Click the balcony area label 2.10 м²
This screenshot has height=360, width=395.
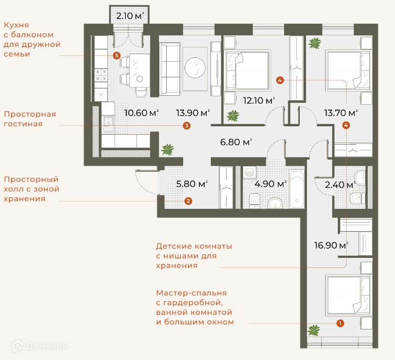point(130,16)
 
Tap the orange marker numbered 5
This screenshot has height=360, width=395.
point(116,55)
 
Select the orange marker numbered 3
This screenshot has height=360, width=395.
point(186,126)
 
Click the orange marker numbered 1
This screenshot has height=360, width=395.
point(340,323)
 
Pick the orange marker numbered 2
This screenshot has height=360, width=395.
point(188,201)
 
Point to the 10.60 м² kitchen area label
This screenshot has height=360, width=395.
point(141,113)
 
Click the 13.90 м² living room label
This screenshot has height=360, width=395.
point(193,113)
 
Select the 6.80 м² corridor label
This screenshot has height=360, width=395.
point(236,142)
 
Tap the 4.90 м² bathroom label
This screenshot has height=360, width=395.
point(270,184)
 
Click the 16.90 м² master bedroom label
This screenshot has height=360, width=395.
point(331,245)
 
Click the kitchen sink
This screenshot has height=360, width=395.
point(108,124)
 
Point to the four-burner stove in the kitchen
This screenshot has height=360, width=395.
point(102,75)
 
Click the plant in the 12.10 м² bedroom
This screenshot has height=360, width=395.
point(233,116)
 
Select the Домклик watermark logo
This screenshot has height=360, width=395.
point(39,346)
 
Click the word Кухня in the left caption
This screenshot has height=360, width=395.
point(16,25)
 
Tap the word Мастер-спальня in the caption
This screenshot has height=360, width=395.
point(191,293)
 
